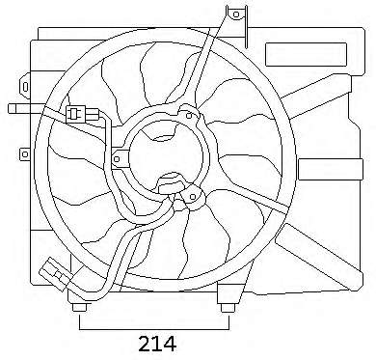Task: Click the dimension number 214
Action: tap(157, 344)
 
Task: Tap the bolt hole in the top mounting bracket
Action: tap(236, 14)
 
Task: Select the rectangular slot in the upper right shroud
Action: tap(306, 54)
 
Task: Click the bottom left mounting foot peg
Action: tap(79, 308)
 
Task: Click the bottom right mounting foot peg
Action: tap(228, 308)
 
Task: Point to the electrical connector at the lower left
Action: tap(55, 273)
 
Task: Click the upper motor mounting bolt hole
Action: tap(189, 116)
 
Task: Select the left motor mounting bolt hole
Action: tap(117, 159)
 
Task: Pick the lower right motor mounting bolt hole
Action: tap(193, 197)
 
